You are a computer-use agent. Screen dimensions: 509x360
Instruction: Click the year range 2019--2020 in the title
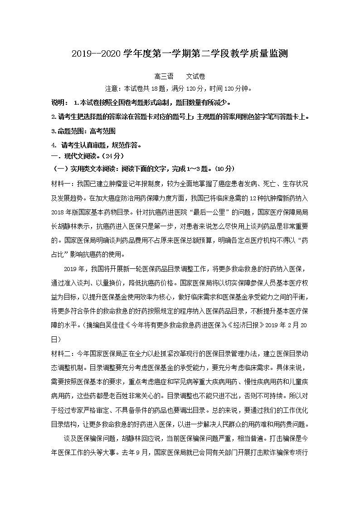click(96, 54)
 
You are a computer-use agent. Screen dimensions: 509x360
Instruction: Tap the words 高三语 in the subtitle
click(164, 77)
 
